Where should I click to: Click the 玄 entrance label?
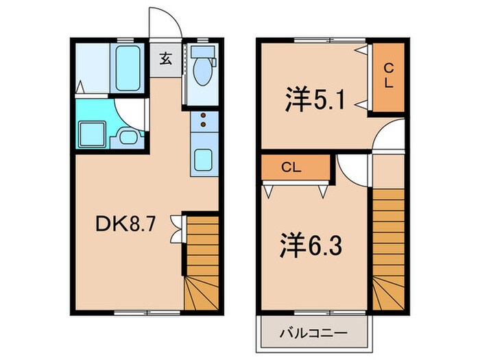(x=166, y=58)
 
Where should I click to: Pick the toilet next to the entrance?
(x=204, y=67)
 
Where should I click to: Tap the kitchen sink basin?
(x=204, y=160)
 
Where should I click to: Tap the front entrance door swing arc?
(x=167, y=25)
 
